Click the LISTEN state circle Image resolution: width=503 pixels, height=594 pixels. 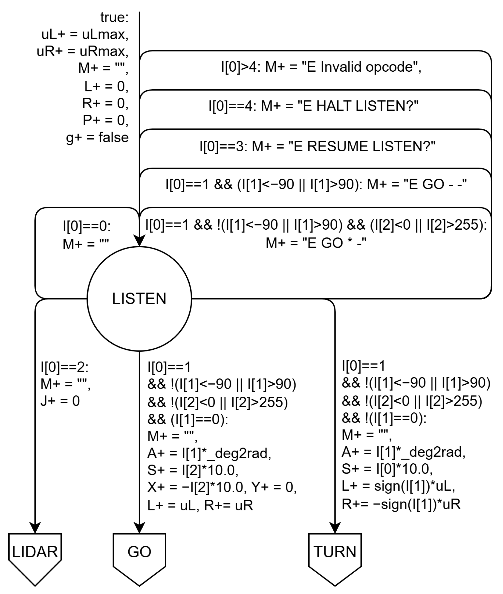[x=139, y=298]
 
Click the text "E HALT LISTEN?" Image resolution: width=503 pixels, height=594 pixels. [x=358, y=106]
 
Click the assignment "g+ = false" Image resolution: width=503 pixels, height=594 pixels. [x=97, y=137]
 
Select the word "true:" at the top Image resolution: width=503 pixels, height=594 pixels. [x=114, y=18]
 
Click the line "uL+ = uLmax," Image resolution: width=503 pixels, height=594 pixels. [x=85, y=35]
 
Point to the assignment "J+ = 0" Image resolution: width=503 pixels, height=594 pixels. [x=60, y=401]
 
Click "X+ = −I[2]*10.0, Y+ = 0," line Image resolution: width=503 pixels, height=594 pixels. [x=222, y=487]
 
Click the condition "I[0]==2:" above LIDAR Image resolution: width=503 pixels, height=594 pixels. [x=64, y=367]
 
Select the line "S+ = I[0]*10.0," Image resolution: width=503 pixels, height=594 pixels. [x=387, y=469]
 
